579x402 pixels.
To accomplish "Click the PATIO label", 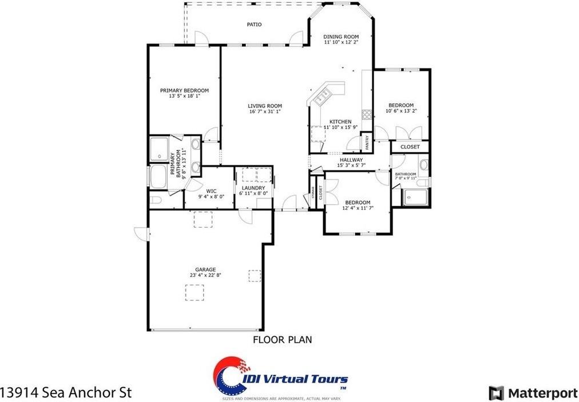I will click(254, 25).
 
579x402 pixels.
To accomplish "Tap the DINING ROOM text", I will click(341, 37).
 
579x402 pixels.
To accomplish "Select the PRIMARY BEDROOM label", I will click(184, 90).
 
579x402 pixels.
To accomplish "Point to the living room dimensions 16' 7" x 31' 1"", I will click(265, 112).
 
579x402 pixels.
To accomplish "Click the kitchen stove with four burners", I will click(366, 113).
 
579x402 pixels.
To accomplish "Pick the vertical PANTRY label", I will click(367, 142).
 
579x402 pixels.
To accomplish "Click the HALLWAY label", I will click(351, 160).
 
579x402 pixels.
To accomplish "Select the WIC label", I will click(211, 190).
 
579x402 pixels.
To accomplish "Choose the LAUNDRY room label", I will click(253, 188).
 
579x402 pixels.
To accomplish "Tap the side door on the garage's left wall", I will click(141, 233).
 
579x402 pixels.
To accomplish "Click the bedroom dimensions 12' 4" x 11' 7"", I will click(357, 209).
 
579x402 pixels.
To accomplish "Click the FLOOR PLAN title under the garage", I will click(282, 340).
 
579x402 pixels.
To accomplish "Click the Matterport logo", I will click(533, 393).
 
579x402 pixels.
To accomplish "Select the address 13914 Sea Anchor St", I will click(66, 393).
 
